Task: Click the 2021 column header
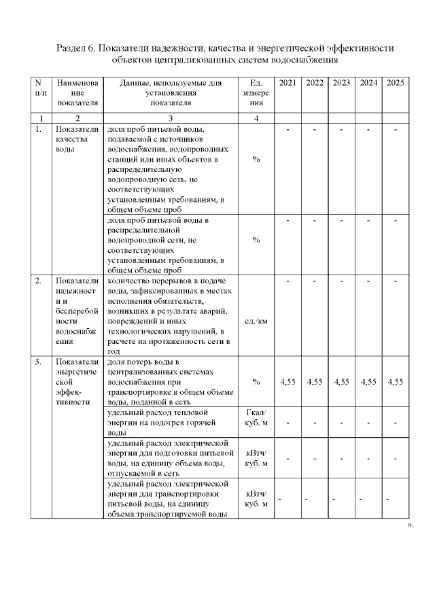coord(288,83)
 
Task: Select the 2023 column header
coord(342,83)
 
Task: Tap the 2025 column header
coord(396,83)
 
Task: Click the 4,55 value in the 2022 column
coord(315,382)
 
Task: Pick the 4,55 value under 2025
coord(396,382)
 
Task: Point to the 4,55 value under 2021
coord(288,382)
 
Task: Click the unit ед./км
coord(256,321)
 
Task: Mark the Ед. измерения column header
coord(256,93)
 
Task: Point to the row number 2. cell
coord(39,280)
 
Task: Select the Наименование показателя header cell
coord(77,93)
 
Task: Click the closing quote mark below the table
coord(410,525)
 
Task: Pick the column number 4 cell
coord(256,118)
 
